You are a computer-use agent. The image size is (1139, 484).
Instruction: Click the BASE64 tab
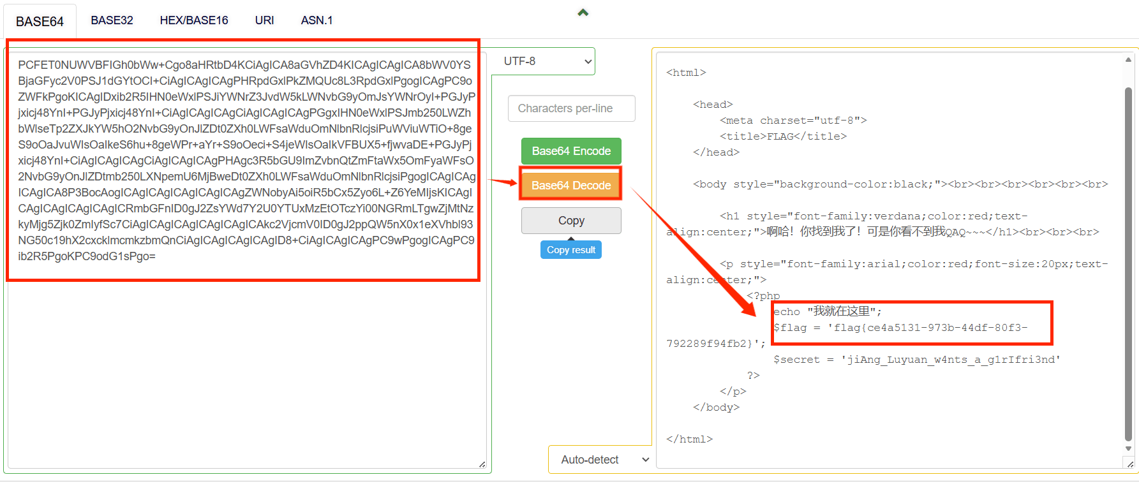40,21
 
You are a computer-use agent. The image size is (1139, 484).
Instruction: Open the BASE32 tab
112,20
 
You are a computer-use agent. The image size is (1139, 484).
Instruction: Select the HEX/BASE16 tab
194,20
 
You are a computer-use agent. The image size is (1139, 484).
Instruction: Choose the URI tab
264,20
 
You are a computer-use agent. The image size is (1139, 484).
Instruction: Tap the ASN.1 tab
316,20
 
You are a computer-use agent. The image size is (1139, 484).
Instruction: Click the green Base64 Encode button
571,151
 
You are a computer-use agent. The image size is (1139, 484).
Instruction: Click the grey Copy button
571,221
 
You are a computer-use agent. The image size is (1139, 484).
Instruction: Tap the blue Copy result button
571,250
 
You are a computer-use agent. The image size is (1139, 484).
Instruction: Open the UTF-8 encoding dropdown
546,61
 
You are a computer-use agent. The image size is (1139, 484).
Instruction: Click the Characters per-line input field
572,108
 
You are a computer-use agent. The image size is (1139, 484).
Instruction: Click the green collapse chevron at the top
583,13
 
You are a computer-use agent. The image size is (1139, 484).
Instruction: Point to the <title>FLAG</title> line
783,136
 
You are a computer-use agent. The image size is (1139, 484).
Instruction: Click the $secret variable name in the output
796,360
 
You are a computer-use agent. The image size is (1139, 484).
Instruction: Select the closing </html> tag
689,439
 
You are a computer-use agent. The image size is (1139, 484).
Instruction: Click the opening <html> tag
686,73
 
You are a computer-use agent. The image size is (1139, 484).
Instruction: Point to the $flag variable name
790,328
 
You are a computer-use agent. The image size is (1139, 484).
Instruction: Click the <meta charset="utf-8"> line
793,121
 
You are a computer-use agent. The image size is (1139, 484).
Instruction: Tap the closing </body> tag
716,407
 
